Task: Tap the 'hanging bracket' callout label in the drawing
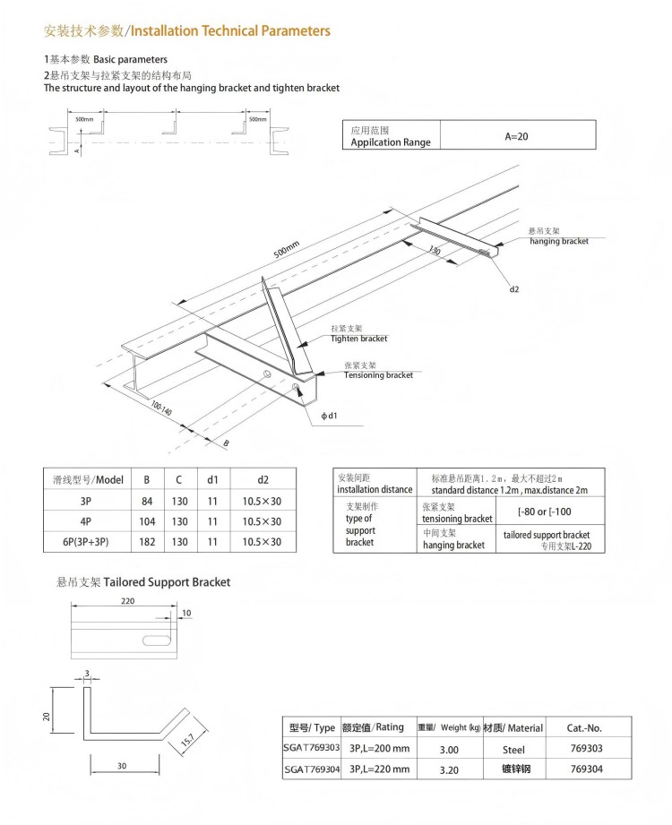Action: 559,242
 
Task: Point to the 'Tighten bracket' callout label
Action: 358,339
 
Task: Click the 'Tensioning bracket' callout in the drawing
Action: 378,375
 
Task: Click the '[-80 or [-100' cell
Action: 545,511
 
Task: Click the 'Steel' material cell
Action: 513,749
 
